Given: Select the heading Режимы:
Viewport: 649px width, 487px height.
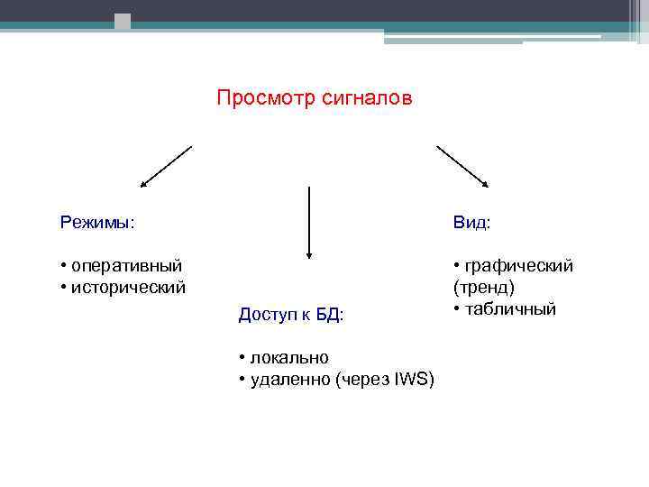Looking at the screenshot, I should click(97, 222).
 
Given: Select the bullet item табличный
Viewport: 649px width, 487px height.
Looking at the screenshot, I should click(510, 308).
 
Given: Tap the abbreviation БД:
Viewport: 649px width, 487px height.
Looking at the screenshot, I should click(330, 314).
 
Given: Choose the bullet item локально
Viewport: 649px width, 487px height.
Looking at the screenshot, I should click(289, 358).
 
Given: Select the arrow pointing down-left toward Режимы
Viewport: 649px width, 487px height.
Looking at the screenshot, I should click(166, 166).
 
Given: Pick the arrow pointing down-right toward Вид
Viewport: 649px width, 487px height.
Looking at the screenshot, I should click(462, 166).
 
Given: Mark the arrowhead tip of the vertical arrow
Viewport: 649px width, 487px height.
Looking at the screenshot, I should click(309, 259).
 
